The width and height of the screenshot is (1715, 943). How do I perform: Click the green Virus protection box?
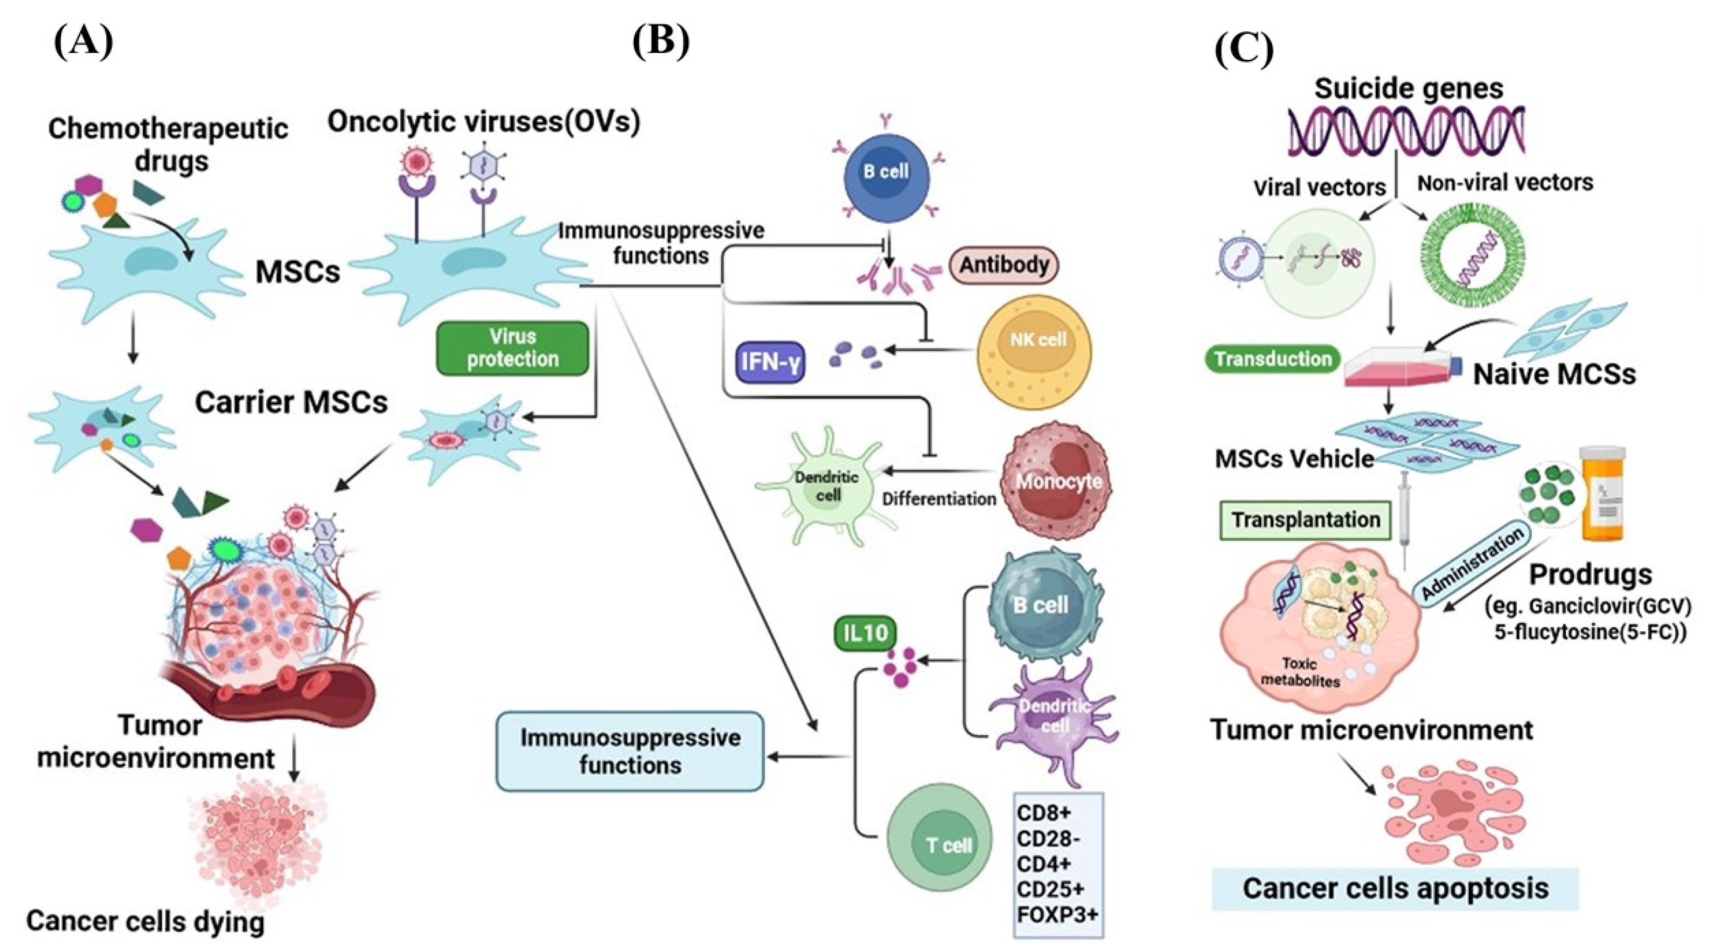pyautogui.click(x=512, y=348)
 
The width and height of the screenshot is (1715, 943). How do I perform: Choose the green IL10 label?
pyautogui.click(x=865, y=633)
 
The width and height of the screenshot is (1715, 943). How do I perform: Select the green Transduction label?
pyautogui.click(x=1272, y=359)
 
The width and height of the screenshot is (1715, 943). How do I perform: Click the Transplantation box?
pyautogui.click(x=1305, y=519)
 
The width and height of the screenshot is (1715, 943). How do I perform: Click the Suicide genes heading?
pyautogui.click(x=1408, y=88)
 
